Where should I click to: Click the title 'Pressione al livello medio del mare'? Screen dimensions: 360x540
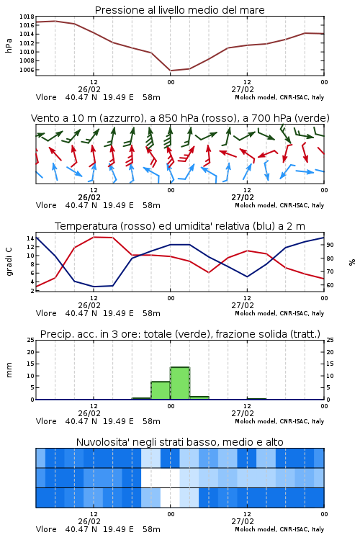pyautogui.click(x=179, y=10)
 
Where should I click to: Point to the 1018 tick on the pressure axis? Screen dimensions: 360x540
pyautogui.click(x=27, y=17)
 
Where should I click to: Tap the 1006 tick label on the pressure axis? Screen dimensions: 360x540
pyautogui.click(x=27, y=70)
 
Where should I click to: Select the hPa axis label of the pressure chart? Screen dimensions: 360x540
pyautogui.click(x=9, y=45)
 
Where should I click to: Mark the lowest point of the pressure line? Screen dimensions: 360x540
pyautogui.click(x=171, y=71)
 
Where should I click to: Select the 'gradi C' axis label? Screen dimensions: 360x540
pyautogui.click(x=9, y=262)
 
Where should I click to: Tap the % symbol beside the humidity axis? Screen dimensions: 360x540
pyautogui.click(x=352, y=262)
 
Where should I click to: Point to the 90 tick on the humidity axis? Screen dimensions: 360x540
pyautogui.click(x=330, y=245)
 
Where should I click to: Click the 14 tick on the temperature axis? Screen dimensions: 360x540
pyautogui.click(x=30, y=238)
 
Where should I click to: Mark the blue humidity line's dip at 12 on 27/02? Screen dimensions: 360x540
pyautogui.click(x=247, y=276)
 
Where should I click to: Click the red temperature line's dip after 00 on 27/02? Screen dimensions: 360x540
pyautogui.click(x=209, y=272)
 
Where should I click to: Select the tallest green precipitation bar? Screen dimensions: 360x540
pyautogui.click(x=180, y=383)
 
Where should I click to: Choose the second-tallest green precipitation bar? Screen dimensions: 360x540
pyautogui.click(x=161, y=390)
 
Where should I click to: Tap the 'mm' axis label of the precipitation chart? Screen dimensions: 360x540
pyautogui.click(x=9, y=370)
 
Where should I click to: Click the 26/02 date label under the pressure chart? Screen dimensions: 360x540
pyautogui.click(x=89, y=89)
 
